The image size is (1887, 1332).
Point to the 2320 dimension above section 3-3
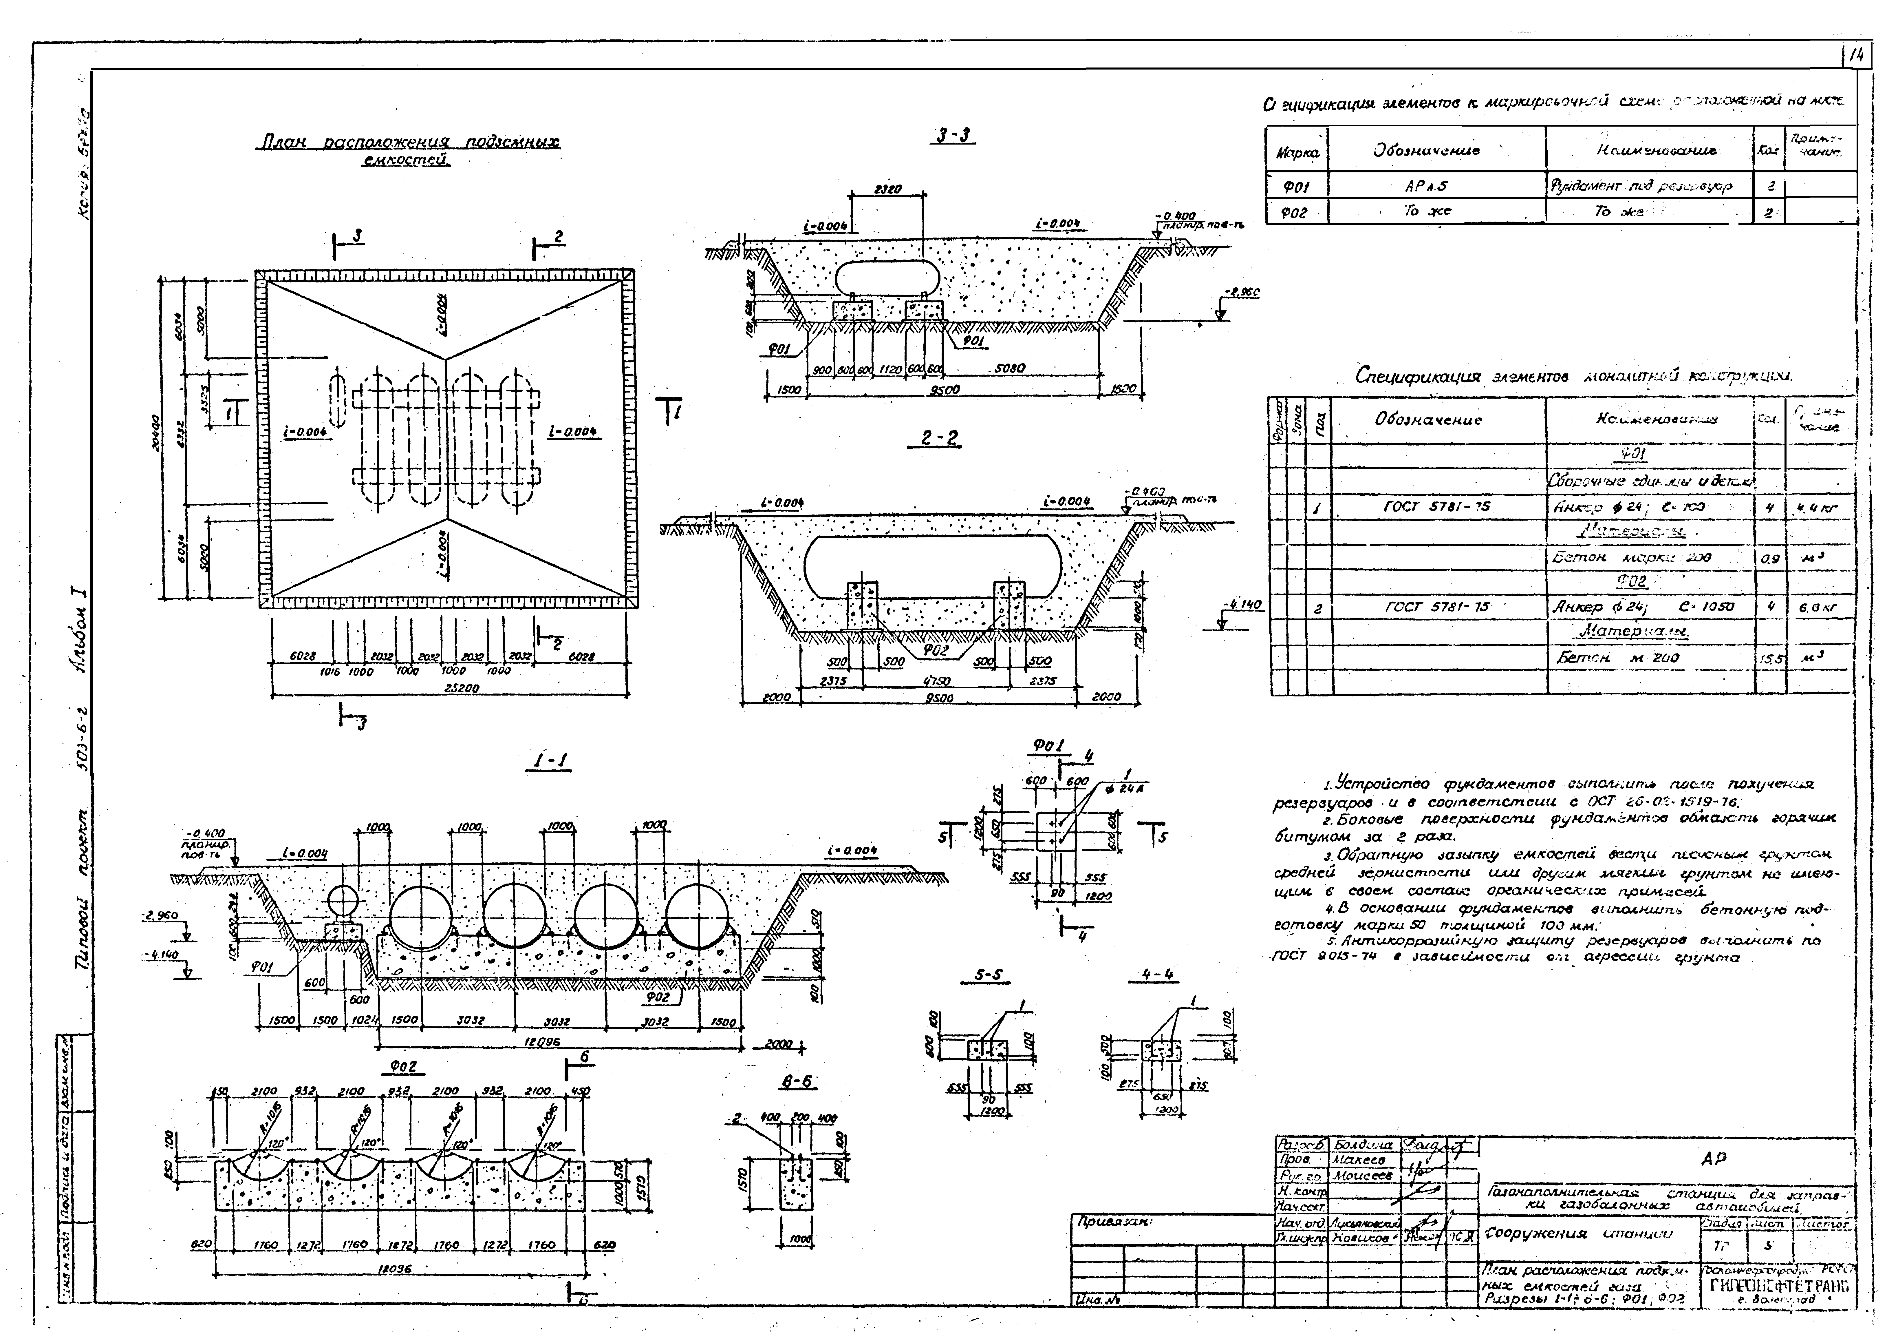pos(887,189)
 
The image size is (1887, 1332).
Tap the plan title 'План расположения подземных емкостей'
pos(409,150)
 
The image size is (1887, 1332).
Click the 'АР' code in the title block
pos(1714,1159)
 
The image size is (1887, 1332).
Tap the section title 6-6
pos(797,1082)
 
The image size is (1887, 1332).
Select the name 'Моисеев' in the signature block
pos(1363,1177)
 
